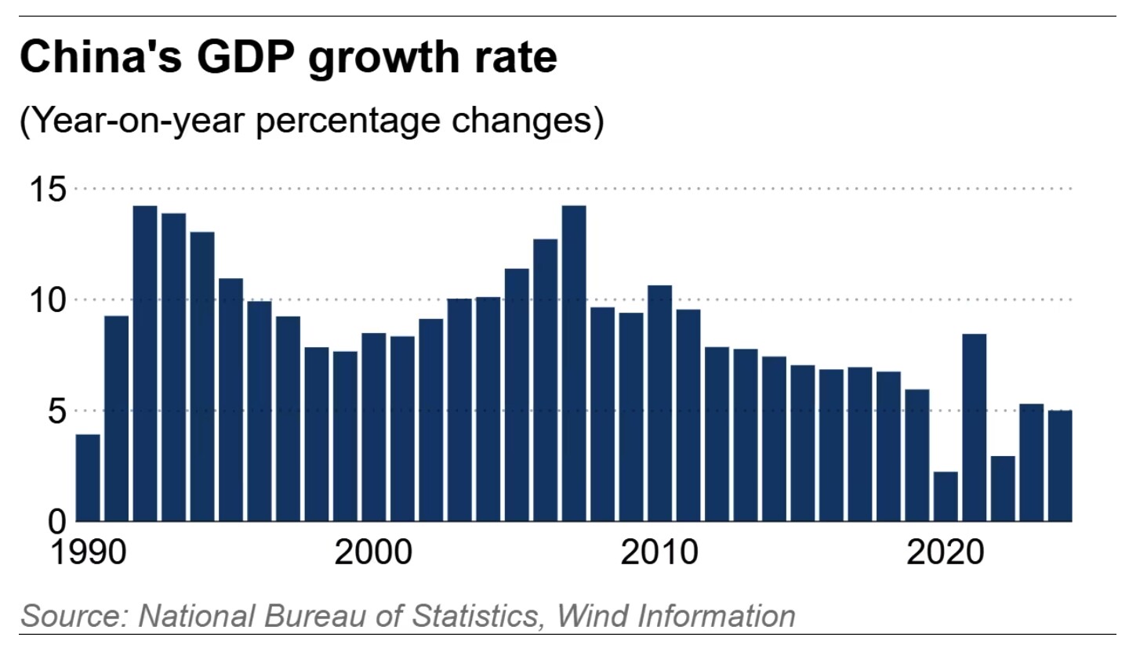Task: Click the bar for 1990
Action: [x=88, y=477]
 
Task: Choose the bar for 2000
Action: [x=374, y=427]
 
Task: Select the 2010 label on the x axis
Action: [x=659, y=552]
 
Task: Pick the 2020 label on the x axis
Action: [x=946, y=552]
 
